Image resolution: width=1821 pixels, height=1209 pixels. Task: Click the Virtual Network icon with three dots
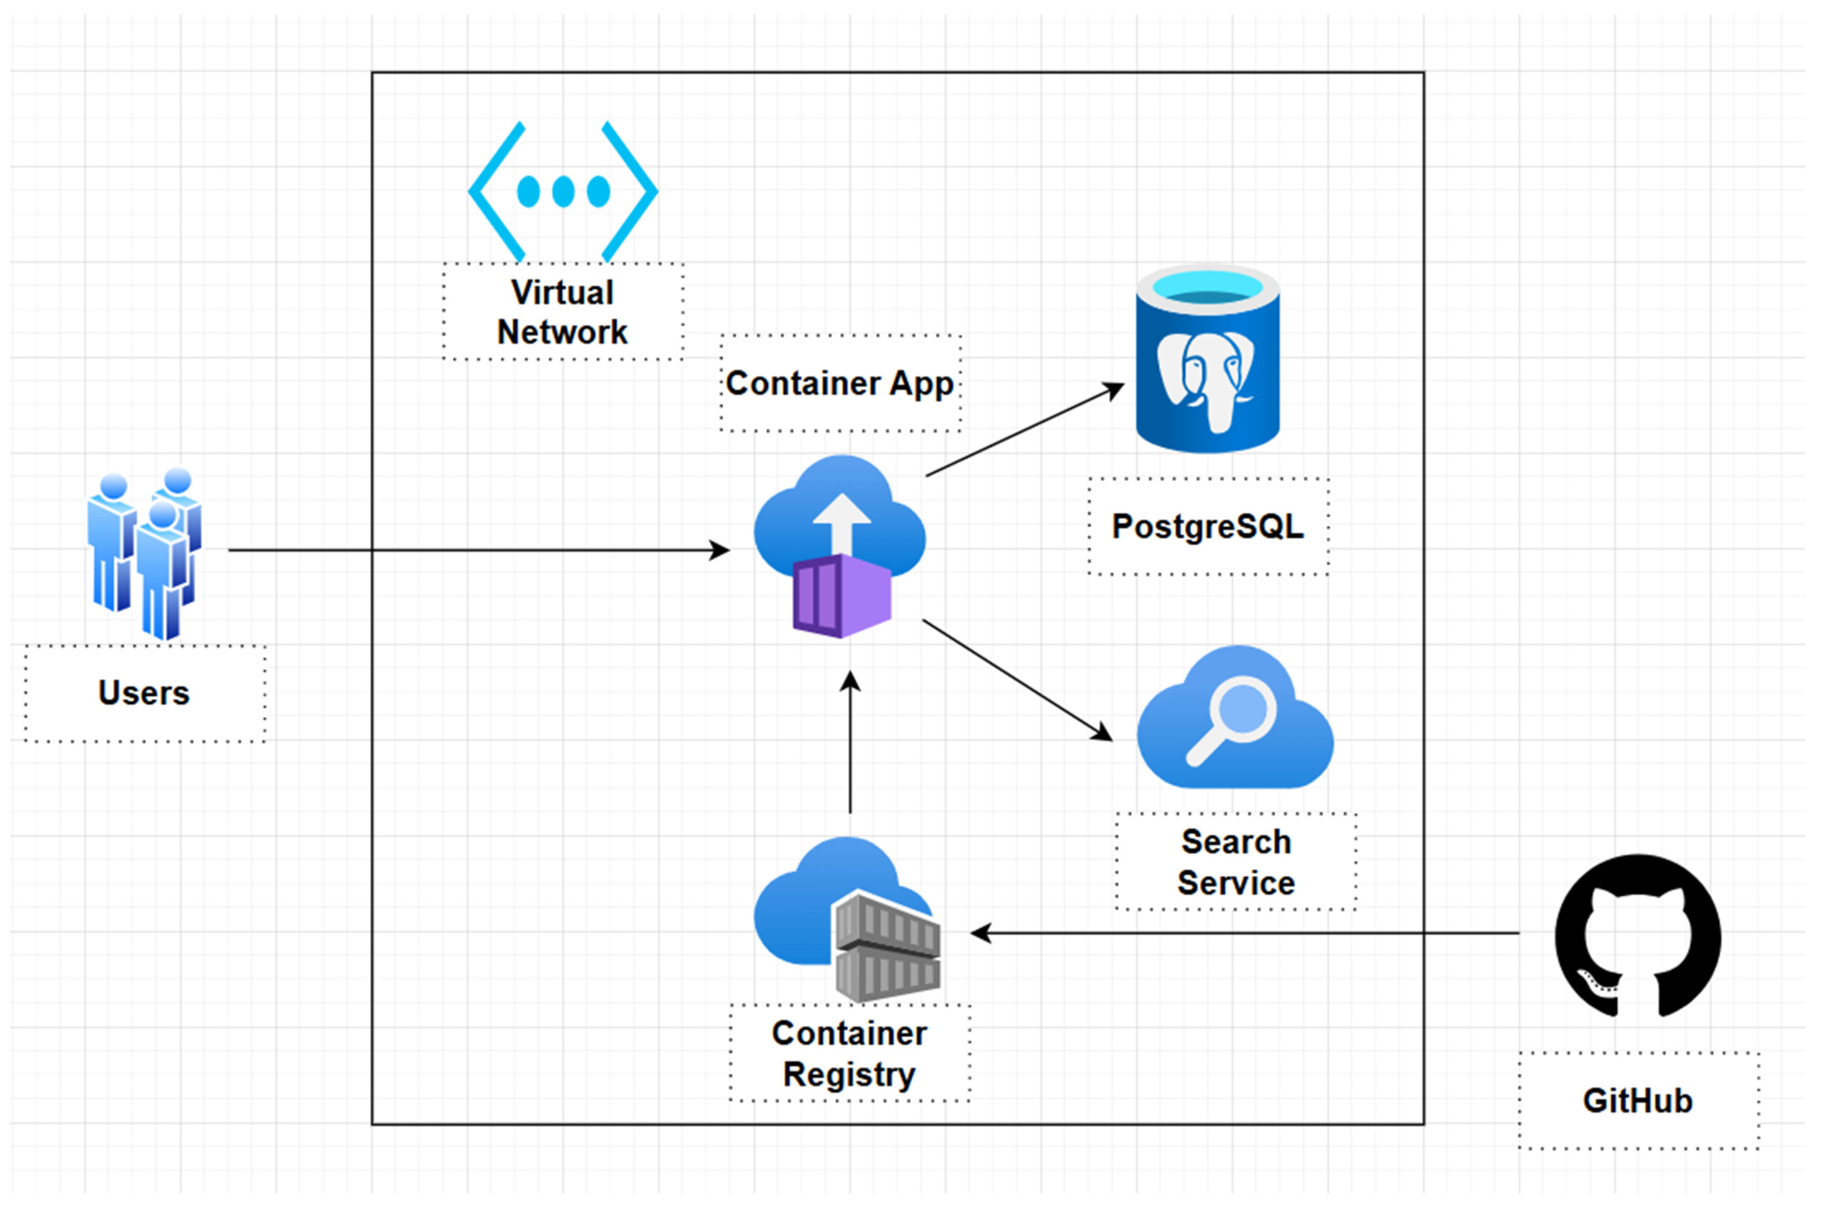563,191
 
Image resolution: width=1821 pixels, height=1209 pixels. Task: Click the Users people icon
144,553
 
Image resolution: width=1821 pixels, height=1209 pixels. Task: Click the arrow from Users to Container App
480,550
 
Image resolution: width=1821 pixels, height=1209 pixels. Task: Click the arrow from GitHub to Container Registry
1244,933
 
